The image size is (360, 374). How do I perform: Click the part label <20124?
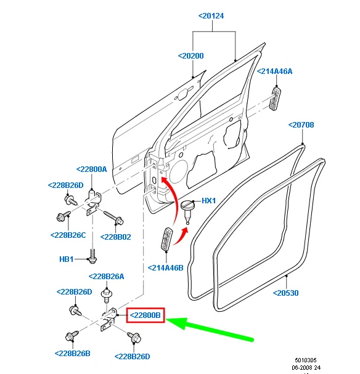211,16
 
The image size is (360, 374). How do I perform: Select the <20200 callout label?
191,56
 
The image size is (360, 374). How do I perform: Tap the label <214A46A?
274,71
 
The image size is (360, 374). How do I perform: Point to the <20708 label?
301,124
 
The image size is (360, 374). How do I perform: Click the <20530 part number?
286,293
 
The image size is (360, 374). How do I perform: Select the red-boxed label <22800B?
145,315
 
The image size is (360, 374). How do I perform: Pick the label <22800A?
92,169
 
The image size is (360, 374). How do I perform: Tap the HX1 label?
209,201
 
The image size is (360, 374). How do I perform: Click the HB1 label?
67,259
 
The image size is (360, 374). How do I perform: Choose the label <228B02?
116,237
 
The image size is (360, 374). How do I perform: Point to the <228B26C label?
68,235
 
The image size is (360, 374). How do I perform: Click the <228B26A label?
107,277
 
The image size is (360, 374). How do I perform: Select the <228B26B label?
73,354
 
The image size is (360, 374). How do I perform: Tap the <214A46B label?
166,268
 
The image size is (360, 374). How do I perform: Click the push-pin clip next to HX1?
187,211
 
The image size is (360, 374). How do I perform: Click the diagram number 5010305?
306,360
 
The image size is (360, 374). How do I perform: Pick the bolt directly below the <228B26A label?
107,296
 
